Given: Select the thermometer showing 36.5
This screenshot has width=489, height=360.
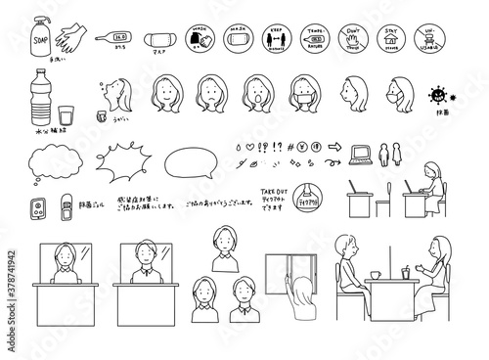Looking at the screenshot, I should coord(115,37).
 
